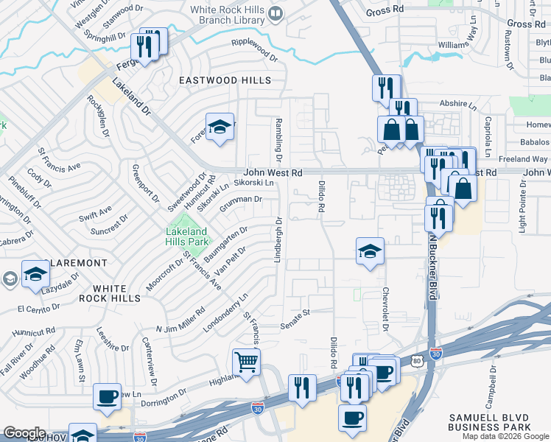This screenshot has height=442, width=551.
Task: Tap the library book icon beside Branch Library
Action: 275,13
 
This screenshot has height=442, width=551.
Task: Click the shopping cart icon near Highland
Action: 246,361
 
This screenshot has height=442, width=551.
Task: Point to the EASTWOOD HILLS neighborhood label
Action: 224,80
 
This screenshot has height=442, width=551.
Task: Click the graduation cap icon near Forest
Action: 220,127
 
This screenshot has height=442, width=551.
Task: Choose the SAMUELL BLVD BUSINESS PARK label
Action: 490,423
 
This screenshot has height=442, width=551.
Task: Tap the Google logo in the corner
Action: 24,433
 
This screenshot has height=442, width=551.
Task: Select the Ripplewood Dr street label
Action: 253,49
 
